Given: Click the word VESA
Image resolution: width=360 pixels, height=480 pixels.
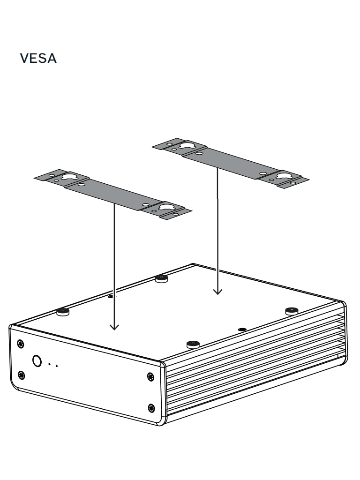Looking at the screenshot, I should pos(39,60).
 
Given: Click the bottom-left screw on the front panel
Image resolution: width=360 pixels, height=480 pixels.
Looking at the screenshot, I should pos(21,375).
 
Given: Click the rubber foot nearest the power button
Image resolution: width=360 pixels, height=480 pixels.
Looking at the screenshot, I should pos(63,311).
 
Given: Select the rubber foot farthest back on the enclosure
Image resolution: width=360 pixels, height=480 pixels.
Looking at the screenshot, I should pos(161,278).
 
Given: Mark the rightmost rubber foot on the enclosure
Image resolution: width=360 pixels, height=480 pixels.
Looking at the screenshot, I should pos(292,310).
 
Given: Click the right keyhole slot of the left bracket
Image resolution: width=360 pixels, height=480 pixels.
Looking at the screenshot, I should pos(166,206).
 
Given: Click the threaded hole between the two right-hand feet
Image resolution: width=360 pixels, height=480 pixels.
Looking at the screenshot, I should pos(242,330).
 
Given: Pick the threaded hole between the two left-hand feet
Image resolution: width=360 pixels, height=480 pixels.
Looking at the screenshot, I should pos(111,296).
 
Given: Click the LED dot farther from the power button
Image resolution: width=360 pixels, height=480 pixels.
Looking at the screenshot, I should pos(57,365).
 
